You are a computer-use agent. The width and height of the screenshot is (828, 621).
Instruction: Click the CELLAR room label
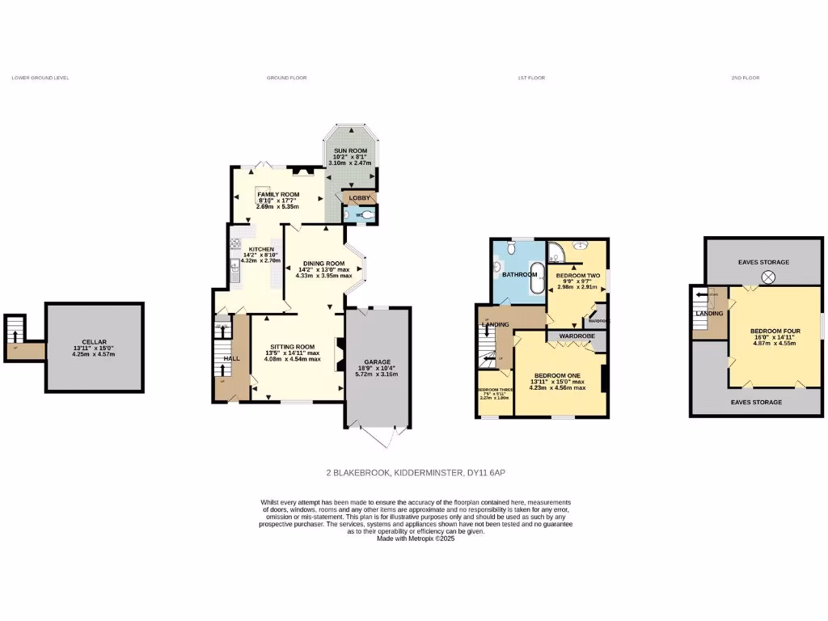[94, 342]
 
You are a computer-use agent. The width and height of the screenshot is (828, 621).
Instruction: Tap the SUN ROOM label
[351, 150]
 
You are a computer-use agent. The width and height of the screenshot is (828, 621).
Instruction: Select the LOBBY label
[358, 197]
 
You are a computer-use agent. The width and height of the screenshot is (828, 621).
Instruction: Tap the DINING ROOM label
[323, 264]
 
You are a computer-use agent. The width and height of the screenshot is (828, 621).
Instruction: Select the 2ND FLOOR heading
[745, 78]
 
